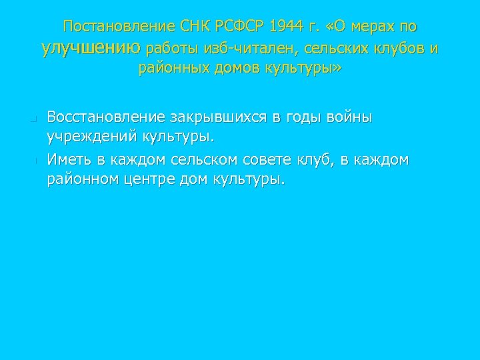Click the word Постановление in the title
(117, 27)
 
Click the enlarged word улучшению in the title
(91, 47)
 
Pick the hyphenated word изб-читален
(242, 48)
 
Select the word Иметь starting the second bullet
(67, 161)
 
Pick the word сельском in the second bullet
(207, 161)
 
